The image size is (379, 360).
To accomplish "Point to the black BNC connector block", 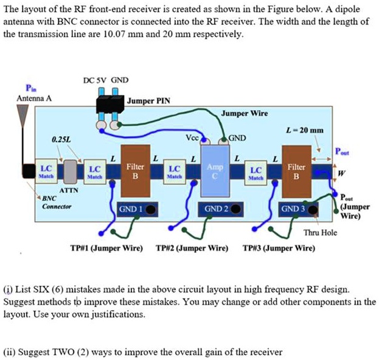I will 29,170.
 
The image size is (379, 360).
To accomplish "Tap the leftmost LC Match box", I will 46,171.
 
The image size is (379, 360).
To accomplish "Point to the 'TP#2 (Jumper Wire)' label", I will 192,248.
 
